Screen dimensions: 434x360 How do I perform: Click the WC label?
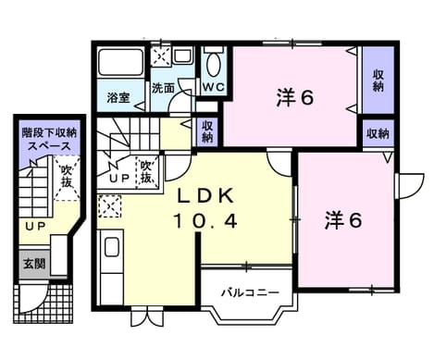[x=214, y=87]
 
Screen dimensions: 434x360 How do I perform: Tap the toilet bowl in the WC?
[x=214, y=65]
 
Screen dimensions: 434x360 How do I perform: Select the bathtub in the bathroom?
[x=120, y=63]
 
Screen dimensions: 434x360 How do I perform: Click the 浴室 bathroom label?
[x=118, y=98]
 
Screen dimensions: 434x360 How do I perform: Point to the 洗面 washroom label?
[x=163, y=89]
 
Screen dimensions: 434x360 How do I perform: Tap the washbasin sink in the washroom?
[x=183, y=56]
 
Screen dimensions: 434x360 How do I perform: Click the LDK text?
[x=205, y=195]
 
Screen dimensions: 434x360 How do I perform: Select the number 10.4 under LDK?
[x=205, y=221]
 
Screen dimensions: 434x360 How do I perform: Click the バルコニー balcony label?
[x=251, y=292]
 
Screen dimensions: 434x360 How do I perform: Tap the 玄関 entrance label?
[x=34, y=264]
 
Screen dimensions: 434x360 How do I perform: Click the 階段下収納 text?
[x=49, y=133]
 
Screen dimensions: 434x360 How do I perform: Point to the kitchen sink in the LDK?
[x=112, y=247]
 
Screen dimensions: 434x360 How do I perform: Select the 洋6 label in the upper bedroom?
[x=295, y=98]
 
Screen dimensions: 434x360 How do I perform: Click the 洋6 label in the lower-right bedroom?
[x=343, y=220]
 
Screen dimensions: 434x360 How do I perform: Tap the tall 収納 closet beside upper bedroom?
[x=378, y=81]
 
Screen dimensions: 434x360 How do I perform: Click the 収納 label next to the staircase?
[x=207, y=131]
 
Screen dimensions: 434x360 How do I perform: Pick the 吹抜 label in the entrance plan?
[x=67, y=176]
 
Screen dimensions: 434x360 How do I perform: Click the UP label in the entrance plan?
[x=35, y=227]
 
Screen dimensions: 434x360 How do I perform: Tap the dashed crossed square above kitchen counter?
[x=110, y=206]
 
